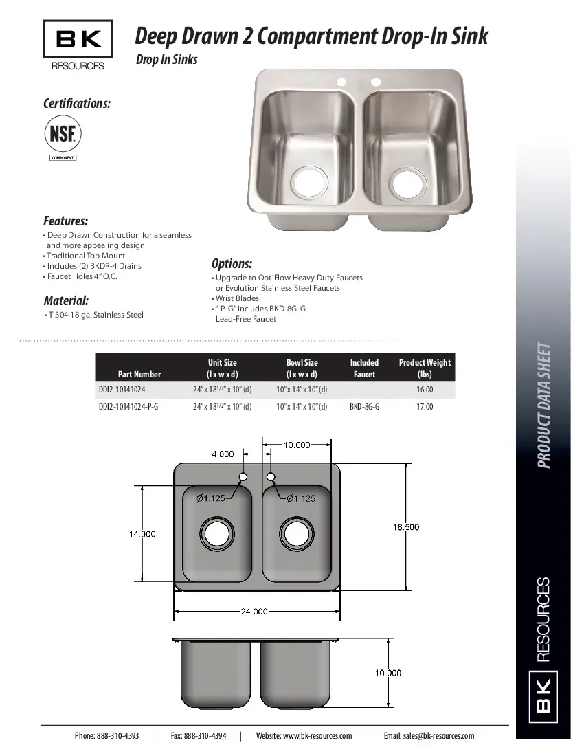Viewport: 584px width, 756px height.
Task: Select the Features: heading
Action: point(65,221)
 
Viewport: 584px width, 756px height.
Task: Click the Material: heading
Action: point(66,300)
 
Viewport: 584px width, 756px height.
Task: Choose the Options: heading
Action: point(232,264)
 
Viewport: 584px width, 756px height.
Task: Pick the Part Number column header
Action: point(139,374)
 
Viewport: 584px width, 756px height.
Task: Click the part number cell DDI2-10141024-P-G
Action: point(128,407)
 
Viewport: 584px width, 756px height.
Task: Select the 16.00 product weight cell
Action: point(425,390)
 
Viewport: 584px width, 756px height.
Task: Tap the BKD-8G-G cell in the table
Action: point(364,407)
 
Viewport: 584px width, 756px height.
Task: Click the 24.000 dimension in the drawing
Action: point(254,612)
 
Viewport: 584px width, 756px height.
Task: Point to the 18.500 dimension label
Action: point(406,527)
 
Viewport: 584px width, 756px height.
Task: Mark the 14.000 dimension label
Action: point(142,534)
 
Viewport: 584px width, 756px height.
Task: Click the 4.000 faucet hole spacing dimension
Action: point(223,454)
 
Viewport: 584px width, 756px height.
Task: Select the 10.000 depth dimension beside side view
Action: point(388,673)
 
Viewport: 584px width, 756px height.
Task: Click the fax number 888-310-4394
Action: point(198,736)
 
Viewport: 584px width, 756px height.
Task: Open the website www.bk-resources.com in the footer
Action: point(304,736)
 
